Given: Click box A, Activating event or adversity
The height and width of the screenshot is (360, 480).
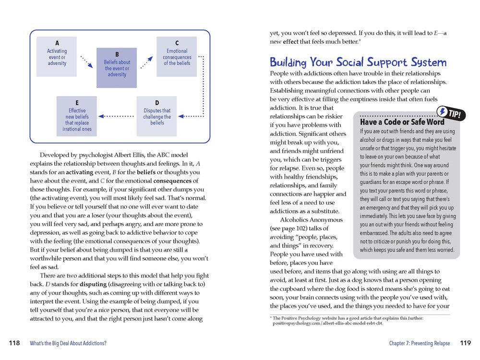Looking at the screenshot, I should click(57, 57).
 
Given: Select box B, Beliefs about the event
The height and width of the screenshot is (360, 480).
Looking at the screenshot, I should click(117, 68).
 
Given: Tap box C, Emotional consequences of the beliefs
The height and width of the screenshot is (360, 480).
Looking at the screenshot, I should click(177, 56).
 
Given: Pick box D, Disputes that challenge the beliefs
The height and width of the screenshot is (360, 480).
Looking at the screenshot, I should click(157, 116).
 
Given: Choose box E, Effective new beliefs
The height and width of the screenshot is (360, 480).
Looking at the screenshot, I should click(77, 116).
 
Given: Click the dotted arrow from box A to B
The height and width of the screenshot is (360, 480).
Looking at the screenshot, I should click(86, 61).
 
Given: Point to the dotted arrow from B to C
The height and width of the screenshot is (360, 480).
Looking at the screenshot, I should click(146, 61).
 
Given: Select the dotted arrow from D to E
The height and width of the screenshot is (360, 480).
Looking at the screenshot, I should click(117, 116).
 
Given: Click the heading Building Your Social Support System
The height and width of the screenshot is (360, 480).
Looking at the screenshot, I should click(358, 62).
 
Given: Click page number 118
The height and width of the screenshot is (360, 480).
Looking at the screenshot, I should click(14, 343).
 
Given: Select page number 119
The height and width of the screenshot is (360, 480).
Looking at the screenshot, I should click(465, 343).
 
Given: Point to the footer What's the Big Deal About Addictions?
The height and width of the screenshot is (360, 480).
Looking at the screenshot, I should click(68, 343).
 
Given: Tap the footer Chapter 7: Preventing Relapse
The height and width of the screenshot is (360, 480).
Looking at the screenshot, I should click(420, 343).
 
